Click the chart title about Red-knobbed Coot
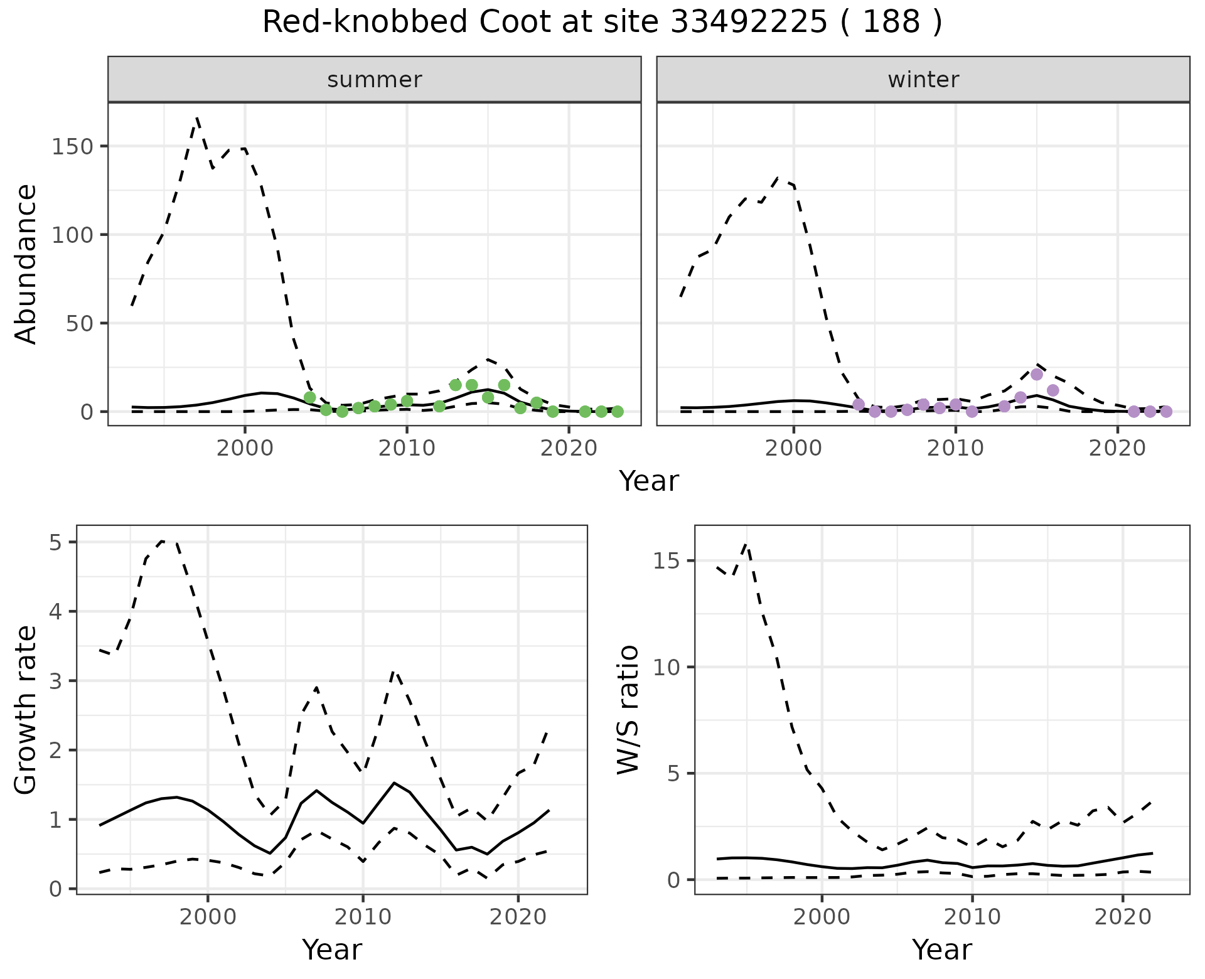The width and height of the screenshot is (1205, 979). tap(602, 23)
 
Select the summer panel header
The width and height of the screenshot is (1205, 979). tap(375, 80)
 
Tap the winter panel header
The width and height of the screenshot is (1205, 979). tap(923, 80)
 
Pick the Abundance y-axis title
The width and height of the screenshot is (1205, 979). tap(26, 264)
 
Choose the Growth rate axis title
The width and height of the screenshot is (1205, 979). tap(26, 709)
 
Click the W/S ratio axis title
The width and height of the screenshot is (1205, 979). tap(628, 709)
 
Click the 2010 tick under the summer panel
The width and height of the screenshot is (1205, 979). tap(407, 448)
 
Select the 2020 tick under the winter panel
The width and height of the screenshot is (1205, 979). tap(1117, 448)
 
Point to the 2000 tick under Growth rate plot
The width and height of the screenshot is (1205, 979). tap(208, 917)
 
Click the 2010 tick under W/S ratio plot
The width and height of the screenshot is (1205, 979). tap(972, 917)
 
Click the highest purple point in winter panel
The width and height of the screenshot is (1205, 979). tap(1037, 375)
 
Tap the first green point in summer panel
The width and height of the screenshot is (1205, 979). tap(309, 398)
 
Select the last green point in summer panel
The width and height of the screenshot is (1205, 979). tap(617, 412)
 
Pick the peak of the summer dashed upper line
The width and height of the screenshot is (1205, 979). tap(197, 117)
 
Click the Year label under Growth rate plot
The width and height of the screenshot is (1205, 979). tap(332, 950)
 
